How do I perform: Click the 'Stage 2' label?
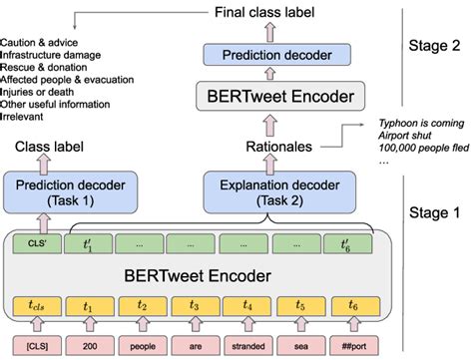click(x=437, y=46)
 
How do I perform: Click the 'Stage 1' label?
click(x=438, y=211)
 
